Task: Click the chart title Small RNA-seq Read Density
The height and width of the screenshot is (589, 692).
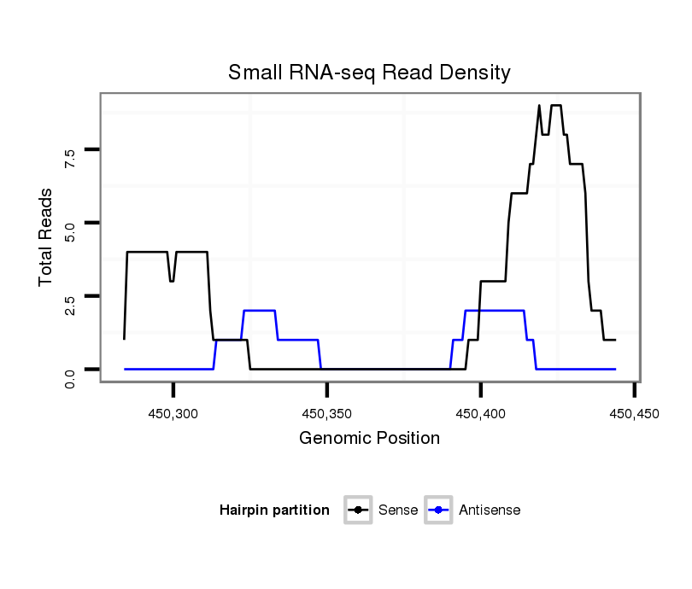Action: tap(369, 73)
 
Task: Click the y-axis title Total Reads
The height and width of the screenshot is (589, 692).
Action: tap(47, 236)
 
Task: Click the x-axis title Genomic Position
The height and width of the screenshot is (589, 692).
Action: tap(369, 439)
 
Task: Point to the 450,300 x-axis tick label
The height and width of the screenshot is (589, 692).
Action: tap(173, 414)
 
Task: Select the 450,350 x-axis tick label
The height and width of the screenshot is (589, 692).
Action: tap(327, 414)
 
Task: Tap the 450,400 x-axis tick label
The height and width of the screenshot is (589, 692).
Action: tap(481, 414)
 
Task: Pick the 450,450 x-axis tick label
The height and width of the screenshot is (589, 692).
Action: tap(634, 414)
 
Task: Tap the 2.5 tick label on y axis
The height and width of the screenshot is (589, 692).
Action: tap(70, 303)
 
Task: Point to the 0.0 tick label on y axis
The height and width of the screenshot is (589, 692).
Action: tap(70, 376)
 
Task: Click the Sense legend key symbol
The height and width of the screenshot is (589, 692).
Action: tap(358, 510)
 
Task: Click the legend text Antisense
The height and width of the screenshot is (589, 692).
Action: tap(490, 510)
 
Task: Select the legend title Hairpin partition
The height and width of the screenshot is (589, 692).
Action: tap(274, 510)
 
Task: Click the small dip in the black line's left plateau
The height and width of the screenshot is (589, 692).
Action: tap(172, 280)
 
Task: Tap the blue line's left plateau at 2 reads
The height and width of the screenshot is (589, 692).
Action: tap(259, 311)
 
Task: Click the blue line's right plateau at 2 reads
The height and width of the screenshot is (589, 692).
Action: tap(494, 311)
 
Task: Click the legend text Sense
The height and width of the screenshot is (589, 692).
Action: tap(398, 510)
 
